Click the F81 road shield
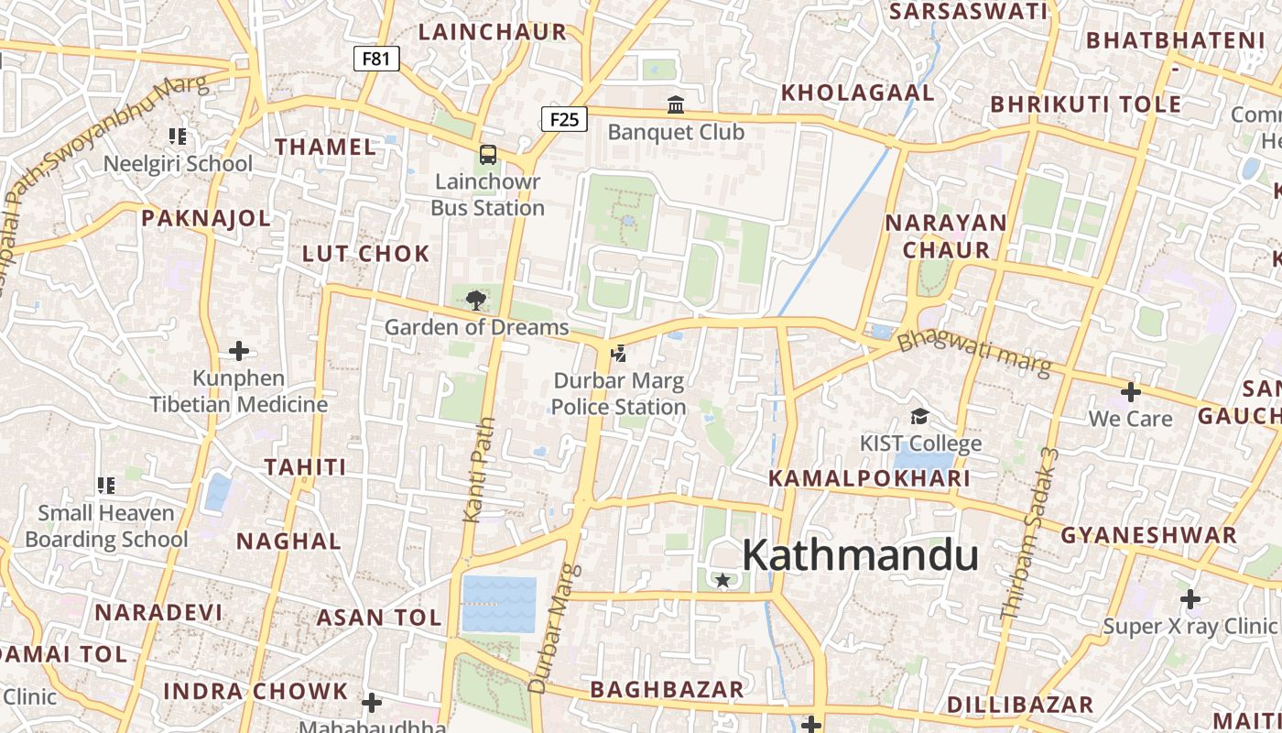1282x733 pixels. click(376, 60)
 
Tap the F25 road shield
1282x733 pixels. click(564, 119)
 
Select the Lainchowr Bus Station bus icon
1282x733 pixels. click(488, 155)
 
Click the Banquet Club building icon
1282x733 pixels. click(677, 105)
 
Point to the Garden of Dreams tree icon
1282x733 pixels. click(476, 300)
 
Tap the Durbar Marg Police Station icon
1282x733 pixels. click(619, 353)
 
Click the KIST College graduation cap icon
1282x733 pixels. click(919, 417)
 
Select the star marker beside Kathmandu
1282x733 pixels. click(722, 580)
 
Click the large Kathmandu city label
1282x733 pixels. click(860, 556)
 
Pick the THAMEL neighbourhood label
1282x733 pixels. click(325, 147)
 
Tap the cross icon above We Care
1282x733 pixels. click(1131, 392)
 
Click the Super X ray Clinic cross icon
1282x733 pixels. click(1190, 599)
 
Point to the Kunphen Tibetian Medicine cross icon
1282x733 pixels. click(239, 351)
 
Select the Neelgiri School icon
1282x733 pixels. click(178, 137)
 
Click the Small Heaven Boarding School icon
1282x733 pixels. click(106, 486)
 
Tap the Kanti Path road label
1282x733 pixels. click(480, 470)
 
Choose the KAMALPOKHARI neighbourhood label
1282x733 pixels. click(869, 478)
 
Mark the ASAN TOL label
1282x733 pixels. click(379, 618)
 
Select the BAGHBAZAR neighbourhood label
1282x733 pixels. click(667, 689)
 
